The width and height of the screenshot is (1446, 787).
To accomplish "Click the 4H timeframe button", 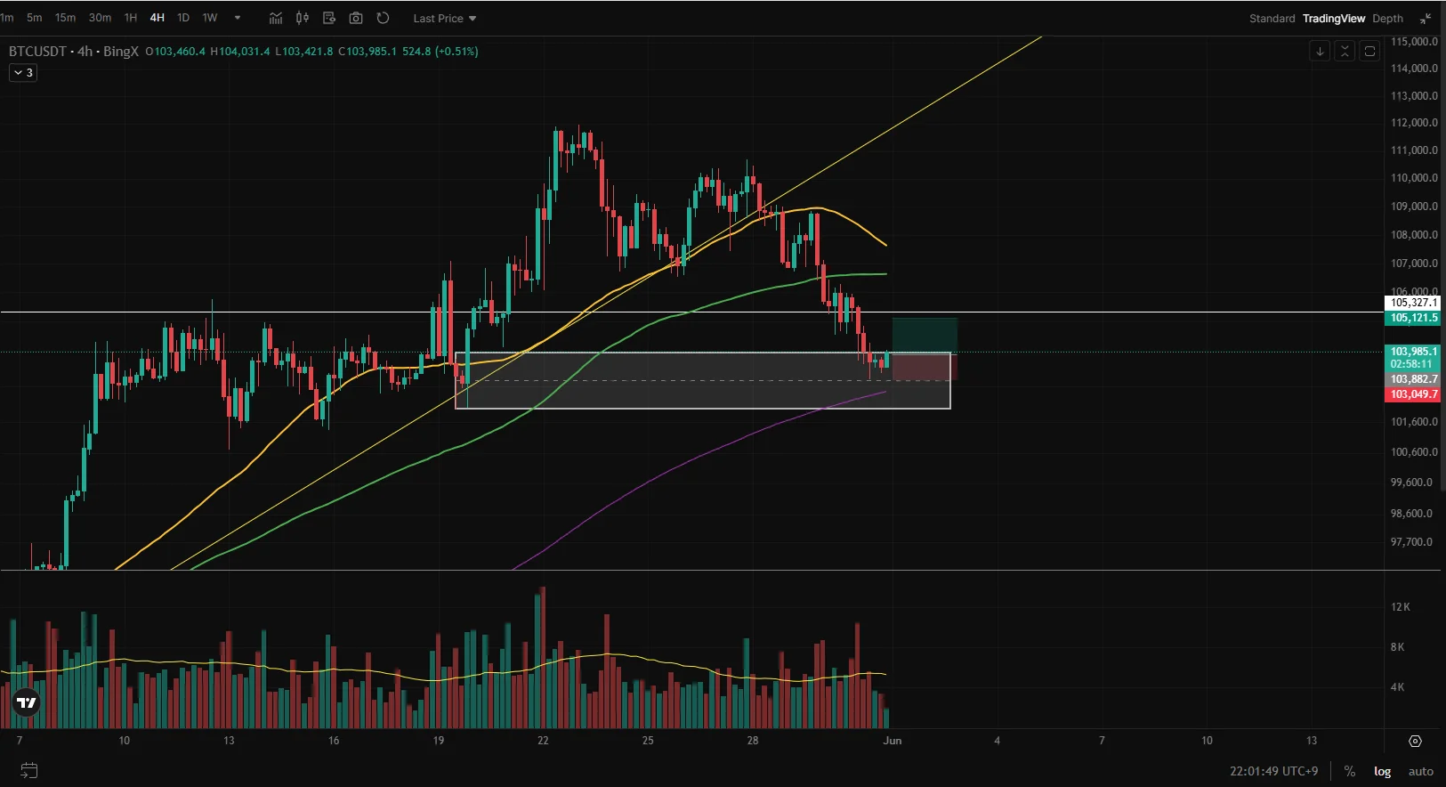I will [158, 18].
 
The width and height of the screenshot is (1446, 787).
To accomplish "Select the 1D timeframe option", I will [183, 18].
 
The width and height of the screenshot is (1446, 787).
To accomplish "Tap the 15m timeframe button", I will [65, 18].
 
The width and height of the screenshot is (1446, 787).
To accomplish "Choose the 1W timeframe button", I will [210, 18].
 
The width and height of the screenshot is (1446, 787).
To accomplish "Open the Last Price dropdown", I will [444, 18].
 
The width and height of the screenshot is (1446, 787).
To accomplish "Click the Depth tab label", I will [1387, 18].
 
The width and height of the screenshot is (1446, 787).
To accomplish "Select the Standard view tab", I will [1272, 18].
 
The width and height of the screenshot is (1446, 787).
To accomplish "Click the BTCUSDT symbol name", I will [37, 51].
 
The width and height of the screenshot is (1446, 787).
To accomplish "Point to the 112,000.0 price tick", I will [1414, 123].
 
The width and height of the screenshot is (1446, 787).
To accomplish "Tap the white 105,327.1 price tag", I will [1413, 303].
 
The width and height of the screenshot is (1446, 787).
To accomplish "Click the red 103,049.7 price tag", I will [1413, 394].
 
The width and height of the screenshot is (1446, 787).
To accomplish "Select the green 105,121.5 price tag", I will [1413, 318].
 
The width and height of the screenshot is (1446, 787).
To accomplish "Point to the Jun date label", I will [893, 741].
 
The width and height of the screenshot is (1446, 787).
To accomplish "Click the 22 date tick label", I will [543, 741].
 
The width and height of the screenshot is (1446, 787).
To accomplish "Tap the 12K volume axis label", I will [1400, 607].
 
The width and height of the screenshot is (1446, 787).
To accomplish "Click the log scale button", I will [1382, 771].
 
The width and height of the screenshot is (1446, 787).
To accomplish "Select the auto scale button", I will [1420, 771].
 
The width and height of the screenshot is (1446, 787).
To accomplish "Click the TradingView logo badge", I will [27, 703].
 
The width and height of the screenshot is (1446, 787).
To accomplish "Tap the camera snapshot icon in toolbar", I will [356, 18].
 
